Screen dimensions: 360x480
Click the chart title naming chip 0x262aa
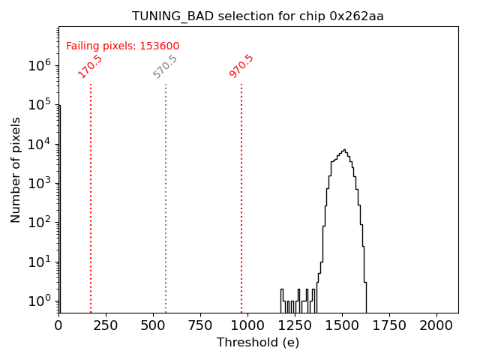tap(258, 16)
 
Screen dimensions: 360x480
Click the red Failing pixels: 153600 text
tap(122, 46)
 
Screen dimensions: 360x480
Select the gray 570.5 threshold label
tap(165, 66)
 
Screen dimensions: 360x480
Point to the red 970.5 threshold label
tap(241, 66)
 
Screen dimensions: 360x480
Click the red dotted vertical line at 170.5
tap(91, 195)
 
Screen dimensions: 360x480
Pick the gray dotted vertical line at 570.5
tap(166, 195)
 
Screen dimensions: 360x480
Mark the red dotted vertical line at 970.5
tap(241, 195)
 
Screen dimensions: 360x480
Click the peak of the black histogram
tap(343, 150)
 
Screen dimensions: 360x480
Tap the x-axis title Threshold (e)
tap(258, 343)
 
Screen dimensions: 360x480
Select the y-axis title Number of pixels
tap(16, 169)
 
